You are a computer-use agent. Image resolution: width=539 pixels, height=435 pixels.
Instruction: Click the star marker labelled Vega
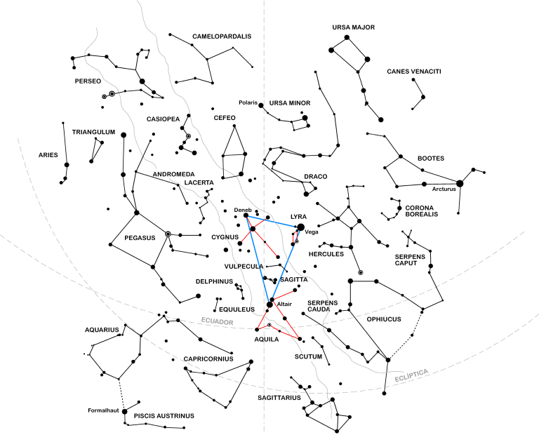[301, 227]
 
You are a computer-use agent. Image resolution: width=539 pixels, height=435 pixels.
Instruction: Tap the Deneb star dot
[246, 216]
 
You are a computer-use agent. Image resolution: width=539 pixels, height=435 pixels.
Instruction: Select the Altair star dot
[269, 304]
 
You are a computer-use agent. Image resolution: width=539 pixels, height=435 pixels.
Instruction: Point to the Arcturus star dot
[460, 183]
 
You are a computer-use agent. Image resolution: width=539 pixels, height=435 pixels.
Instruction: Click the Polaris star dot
[261, 105]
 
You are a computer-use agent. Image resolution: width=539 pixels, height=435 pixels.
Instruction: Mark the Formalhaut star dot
[124, 411]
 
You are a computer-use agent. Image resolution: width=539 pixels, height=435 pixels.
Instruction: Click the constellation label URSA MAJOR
[354, 27]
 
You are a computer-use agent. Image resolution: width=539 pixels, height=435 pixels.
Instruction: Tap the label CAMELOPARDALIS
[212, 36]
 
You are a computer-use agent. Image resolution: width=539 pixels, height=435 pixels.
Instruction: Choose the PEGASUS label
[140, 238]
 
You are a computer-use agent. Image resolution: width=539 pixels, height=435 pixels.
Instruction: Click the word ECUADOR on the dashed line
[216, 321]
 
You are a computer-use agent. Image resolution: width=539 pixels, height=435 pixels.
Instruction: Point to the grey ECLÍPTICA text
[411, 375]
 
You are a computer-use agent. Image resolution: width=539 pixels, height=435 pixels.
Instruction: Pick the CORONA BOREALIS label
[421, 211]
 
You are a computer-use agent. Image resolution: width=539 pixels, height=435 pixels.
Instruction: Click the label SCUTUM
[309, 356]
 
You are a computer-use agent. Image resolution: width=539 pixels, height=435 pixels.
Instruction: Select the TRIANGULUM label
[93, 131]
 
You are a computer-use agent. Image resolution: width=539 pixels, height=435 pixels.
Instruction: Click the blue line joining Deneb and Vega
[274, 221]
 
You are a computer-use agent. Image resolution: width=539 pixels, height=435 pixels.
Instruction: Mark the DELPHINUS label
[214, 281]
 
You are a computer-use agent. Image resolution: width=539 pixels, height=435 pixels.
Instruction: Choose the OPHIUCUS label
[383, 319]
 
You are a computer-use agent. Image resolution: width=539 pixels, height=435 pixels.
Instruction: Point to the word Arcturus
[444, 189]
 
